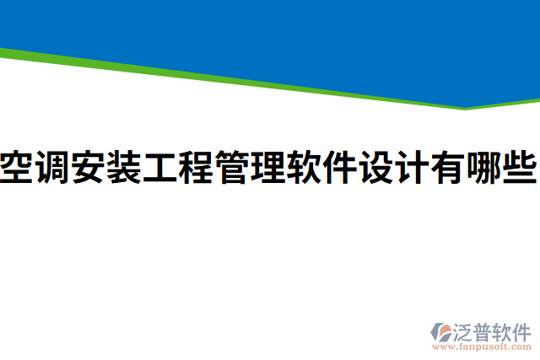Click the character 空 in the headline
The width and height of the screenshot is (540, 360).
[17, 167]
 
